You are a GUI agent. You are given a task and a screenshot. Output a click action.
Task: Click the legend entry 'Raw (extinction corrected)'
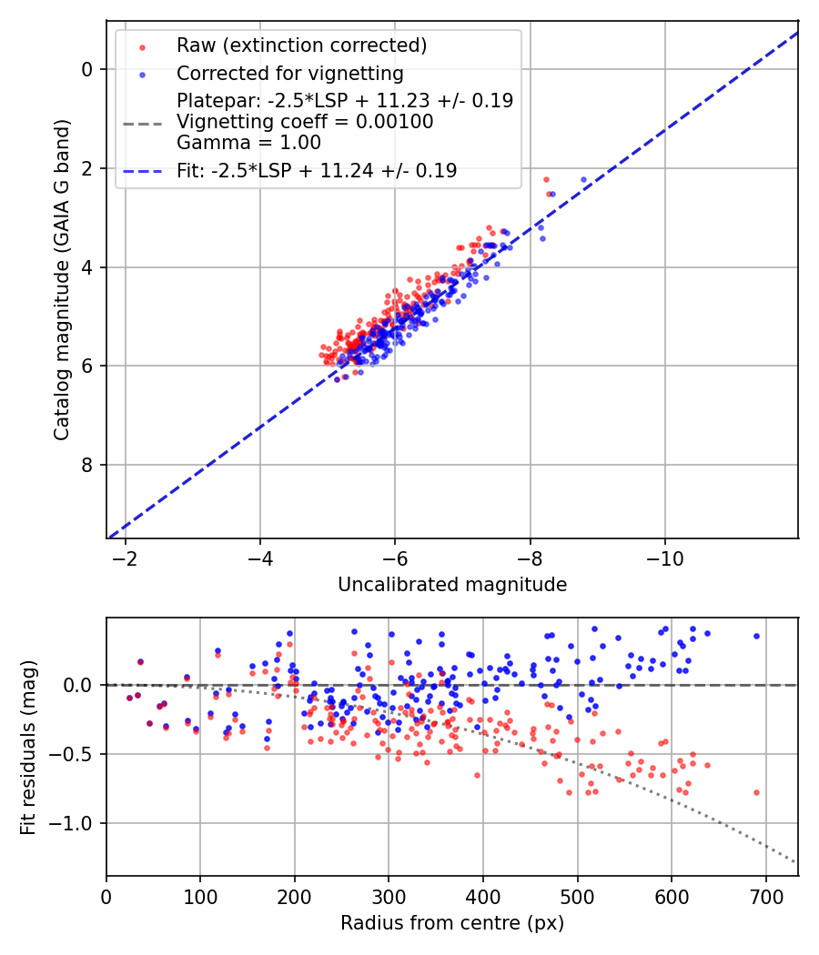[301, 45]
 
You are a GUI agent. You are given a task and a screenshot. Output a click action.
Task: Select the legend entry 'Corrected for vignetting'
[289, 73]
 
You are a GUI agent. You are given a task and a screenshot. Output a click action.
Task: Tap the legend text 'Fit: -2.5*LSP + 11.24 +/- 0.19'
[317, 170]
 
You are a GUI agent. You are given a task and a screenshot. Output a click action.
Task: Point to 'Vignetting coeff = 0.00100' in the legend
[305, 122]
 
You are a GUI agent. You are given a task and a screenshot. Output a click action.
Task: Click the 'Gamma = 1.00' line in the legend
[248, 142]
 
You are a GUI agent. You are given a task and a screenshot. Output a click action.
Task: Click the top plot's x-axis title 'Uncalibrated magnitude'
[452, 585]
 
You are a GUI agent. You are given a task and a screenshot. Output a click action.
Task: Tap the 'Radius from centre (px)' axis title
[452, 923]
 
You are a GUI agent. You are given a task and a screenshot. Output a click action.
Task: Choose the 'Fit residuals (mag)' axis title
[28, 747]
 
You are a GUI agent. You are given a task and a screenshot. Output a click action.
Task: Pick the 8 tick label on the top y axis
[87, 465]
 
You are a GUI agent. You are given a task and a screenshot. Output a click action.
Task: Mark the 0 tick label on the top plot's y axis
[87, 69]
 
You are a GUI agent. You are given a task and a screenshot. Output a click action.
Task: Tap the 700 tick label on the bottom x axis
[765, 897]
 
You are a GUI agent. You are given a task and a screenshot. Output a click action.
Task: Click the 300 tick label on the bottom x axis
[389, 897]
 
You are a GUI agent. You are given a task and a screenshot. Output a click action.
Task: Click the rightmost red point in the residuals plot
[756, 792]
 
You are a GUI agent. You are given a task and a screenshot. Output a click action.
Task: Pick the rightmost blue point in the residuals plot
[756, 637]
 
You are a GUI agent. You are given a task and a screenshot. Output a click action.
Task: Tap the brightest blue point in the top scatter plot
[583, 180]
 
